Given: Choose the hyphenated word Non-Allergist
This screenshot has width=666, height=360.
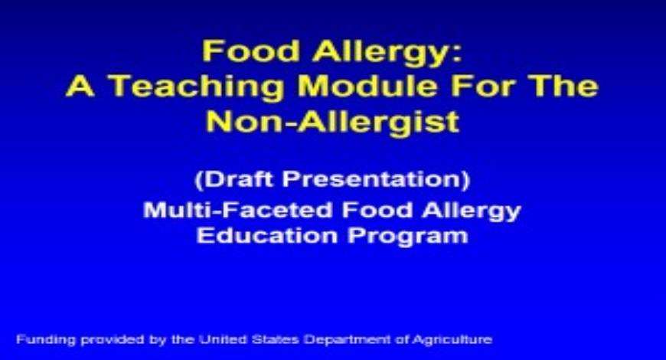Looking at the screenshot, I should click(x=332, y=121).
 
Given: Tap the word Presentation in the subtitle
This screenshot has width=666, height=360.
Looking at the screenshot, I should click(x=380, y=180).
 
